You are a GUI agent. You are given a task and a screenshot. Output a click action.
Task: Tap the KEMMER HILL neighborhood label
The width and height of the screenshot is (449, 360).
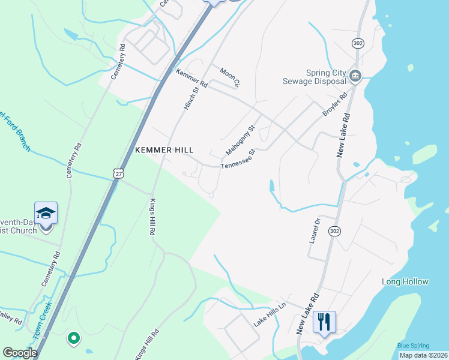pos(164,150)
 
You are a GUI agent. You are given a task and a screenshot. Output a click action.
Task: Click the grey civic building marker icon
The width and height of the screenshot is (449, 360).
pos(355,76)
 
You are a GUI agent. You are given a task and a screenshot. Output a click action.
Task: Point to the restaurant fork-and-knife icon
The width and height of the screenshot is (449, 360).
pos(324,322)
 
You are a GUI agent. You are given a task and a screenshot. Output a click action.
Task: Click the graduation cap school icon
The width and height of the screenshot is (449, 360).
pos(46,213)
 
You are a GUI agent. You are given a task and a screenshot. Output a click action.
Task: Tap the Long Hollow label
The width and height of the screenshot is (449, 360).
pos(405,281)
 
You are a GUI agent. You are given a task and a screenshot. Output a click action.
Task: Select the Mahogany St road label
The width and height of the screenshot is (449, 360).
pos(241,139)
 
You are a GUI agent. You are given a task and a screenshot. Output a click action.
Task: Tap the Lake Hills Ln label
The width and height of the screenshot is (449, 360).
pos(269,314)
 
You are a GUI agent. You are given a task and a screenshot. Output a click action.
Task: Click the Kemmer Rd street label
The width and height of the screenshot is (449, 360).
pos(191,79)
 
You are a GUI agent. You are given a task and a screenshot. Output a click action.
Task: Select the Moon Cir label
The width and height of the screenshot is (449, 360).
pos(230,77)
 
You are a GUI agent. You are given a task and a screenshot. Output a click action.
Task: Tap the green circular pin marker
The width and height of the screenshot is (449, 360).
pos(73,339)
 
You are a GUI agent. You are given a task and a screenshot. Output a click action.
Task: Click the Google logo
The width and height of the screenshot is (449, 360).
pos(20,353)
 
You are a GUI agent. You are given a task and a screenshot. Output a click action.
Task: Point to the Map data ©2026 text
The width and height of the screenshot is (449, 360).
pos(423,355)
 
